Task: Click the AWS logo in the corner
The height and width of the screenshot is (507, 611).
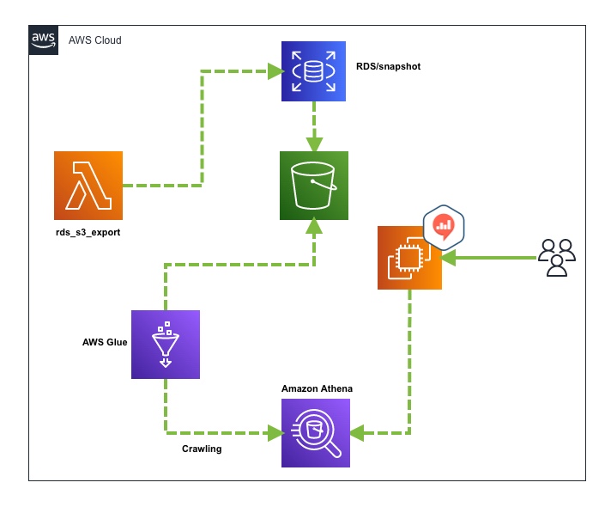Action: [x=43, y=40]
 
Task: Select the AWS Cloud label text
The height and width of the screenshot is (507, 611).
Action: [x=95, y=40]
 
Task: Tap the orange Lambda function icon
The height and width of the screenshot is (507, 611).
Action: [x=88, y=186]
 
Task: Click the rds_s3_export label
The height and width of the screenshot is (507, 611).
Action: [x=88, y=233]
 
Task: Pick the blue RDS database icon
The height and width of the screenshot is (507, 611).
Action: [x=314, y=72]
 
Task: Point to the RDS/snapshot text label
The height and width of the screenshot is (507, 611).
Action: [x=389, y=66]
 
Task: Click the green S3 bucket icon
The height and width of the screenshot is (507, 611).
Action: [x=314, y=186]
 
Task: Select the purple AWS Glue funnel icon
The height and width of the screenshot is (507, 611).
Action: [x=166, y=345]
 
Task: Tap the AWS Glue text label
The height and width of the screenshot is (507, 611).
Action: [x=105, y=342]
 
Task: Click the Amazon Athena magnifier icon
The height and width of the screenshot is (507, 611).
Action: [x=317, y=433]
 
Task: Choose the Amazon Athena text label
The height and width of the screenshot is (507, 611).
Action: [x=318, y=389]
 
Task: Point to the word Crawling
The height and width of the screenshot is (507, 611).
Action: [x=202, y=449]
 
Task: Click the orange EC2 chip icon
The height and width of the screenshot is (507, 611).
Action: [x=409, y=257]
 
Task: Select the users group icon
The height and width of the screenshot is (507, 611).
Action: [x=557, y=257]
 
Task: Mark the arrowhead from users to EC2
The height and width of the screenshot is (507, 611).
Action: [x=449, y=257]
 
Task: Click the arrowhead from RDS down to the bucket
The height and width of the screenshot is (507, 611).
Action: [x=314, y=144]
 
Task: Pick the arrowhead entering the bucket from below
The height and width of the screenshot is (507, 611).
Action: [x=314, y=227]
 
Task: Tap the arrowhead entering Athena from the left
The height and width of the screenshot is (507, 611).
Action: [x=275, y=433]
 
